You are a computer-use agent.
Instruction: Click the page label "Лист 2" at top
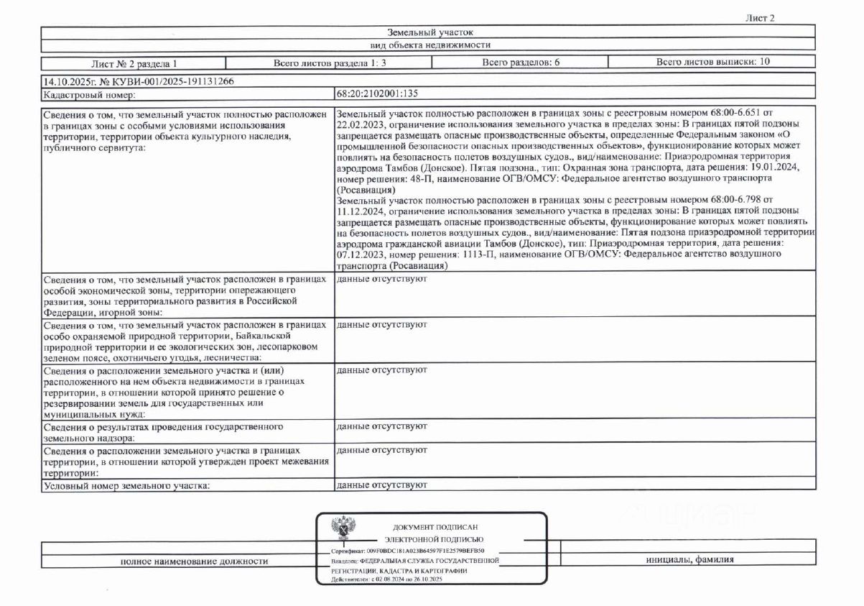761,18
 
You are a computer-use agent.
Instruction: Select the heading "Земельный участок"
429,32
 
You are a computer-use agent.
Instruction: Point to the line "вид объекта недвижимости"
429,45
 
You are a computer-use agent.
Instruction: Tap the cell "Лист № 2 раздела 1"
134,63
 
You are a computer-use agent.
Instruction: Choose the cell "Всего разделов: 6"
521,63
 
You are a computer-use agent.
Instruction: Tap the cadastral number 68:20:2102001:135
377,93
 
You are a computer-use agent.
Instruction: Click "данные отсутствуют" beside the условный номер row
381,485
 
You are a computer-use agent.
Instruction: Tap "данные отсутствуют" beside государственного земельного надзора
381,427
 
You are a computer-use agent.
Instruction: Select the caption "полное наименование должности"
194,561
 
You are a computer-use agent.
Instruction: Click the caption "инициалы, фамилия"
689,560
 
